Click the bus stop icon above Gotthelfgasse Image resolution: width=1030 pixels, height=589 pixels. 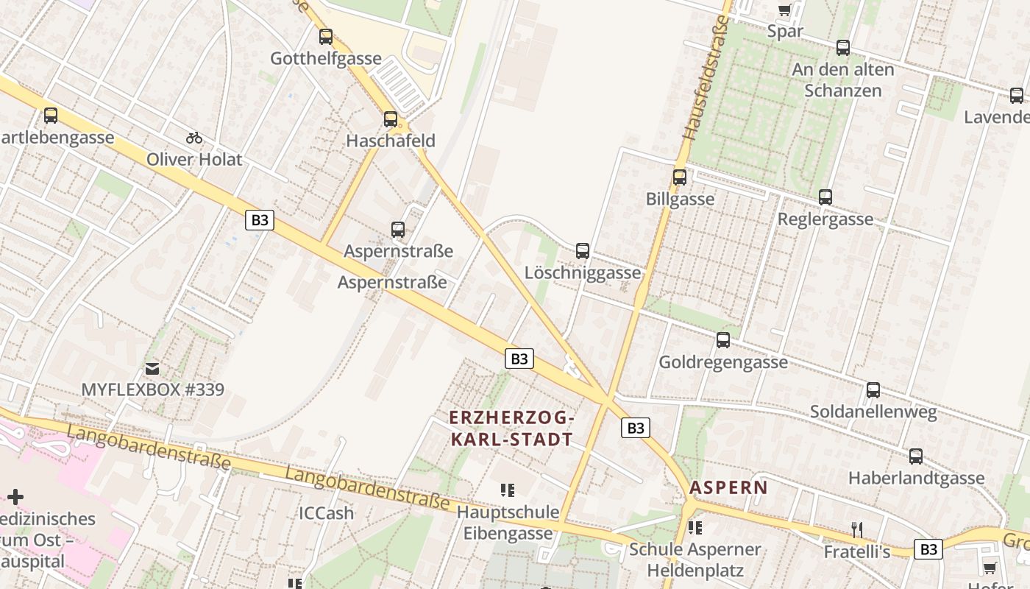(326, 36)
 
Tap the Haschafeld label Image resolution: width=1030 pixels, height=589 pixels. (391, 141)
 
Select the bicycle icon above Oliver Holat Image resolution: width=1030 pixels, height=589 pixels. (194, 138)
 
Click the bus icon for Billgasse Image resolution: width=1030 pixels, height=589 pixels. (680, 177)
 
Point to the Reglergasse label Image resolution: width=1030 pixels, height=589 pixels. (825, 219)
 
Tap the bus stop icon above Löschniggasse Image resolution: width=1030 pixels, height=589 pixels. (583, 251)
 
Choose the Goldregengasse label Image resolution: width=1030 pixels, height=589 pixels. (722, 362)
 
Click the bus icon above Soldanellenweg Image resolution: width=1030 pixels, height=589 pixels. (873, 390)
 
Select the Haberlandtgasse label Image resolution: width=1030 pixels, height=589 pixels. (916, 478)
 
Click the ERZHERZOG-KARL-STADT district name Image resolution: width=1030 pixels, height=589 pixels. (511, 428)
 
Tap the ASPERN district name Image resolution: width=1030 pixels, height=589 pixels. (728, 487)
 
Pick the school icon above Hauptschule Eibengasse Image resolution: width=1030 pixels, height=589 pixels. (507, 490)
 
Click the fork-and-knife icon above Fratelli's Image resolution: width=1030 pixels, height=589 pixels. (856, 529)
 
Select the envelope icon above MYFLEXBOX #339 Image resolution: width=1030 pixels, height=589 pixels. (152, 368)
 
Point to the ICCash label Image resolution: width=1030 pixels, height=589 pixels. (326, 512)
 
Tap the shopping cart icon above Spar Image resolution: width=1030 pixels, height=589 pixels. (784, 10)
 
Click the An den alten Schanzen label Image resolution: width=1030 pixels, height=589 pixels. (843, 80)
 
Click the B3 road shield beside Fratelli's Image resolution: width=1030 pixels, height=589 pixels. (928, 549)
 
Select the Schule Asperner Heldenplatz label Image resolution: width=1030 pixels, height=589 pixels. (695, 560)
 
